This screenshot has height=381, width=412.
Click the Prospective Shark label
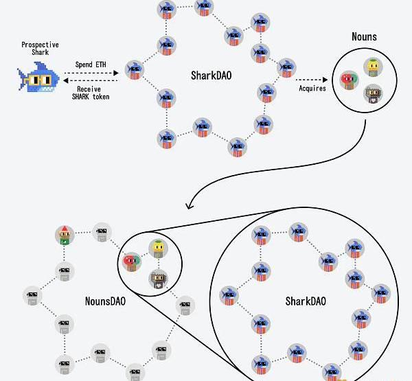click(x=40, y=49)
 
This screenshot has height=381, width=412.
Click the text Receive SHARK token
click(x=93, y=93)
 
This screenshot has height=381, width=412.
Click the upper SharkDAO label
click(x=211, y=75)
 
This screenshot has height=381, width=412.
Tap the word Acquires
click(x=312, y=89)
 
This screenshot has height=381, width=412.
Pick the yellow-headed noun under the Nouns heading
click(x=373, y=67)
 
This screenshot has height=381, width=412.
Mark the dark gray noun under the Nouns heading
click(x=372, y=93)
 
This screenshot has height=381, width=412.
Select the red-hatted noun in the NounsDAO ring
click(x=65, y=235)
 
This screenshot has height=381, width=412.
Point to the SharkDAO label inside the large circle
click(x=306, y=301)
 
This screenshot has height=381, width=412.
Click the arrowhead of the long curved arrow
click(x=190, y=206)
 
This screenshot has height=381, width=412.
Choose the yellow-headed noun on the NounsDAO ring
click(x=158, y=248)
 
